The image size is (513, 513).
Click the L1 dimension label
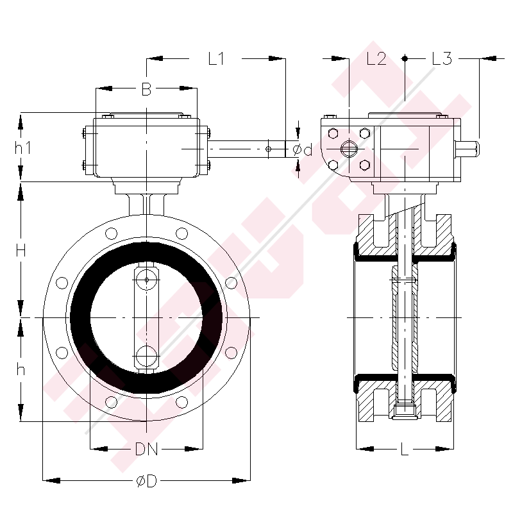coord(216,59)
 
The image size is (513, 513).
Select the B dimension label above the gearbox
coord(146,88)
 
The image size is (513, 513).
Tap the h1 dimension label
coord(23,148)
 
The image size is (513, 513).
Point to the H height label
coord(21,251)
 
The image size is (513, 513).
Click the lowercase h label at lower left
coord(21,370)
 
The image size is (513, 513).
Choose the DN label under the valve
coord(146,450)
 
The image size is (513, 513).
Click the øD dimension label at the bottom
coord(146,481)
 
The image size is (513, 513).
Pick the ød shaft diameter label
coord(302,150)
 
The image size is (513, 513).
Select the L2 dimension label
coord(376,59)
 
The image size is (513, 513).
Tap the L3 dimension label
coord(442,59)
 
